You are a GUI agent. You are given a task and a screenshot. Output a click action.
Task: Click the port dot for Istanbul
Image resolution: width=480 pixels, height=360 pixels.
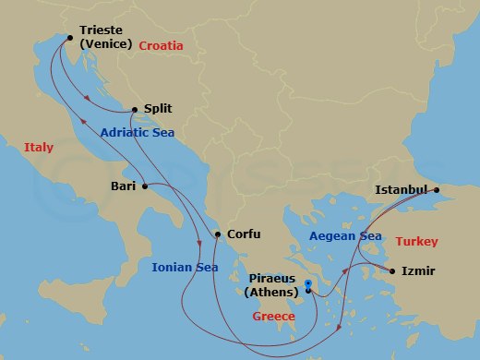pos(438,191)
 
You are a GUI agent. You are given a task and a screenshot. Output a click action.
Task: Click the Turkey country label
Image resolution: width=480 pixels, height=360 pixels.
pos(417,242)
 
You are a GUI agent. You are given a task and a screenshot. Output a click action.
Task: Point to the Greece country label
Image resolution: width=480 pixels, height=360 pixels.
pos(274,317)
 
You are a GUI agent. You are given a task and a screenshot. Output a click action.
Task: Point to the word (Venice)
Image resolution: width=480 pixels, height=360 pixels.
pos(107,42)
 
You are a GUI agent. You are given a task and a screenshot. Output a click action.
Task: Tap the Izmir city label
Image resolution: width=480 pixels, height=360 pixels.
pos(418,271)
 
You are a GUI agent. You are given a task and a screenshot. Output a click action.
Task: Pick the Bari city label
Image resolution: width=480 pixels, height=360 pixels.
pos(123,186)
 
